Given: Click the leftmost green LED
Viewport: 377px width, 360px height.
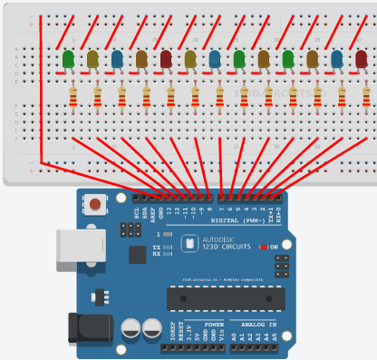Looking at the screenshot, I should point(69,60).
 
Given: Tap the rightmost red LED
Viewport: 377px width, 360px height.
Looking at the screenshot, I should point(361,60).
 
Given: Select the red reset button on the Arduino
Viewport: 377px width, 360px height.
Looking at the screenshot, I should point(94,207).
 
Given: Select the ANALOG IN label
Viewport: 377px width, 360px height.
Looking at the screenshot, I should point(253,324).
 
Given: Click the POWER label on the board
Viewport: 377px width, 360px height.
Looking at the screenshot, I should point(214,324).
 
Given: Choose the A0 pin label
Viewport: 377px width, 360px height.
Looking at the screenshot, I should point(235,336).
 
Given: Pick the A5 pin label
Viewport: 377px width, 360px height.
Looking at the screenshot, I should point(275,336).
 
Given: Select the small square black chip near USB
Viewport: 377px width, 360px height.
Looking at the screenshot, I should point(137,255).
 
